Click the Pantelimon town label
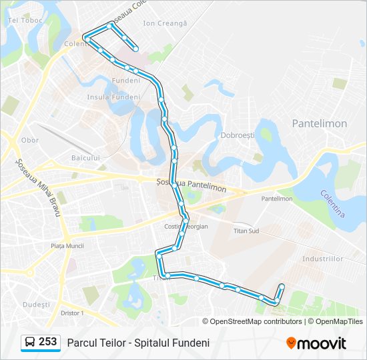319,123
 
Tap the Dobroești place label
238,135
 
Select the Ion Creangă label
165,23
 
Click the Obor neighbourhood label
30,141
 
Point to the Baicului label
85,158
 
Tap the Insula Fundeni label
113,97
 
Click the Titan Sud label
246,231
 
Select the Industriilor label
322,258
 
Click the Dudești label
36,304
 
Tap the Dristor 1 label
71,313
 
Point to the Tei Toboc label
25,20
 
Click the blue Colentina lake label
332,204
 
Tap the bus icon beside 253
30,342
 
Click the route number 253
47,342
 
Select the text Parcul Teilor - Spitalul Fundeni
138,343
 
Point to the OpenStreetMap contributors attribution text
256,321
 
